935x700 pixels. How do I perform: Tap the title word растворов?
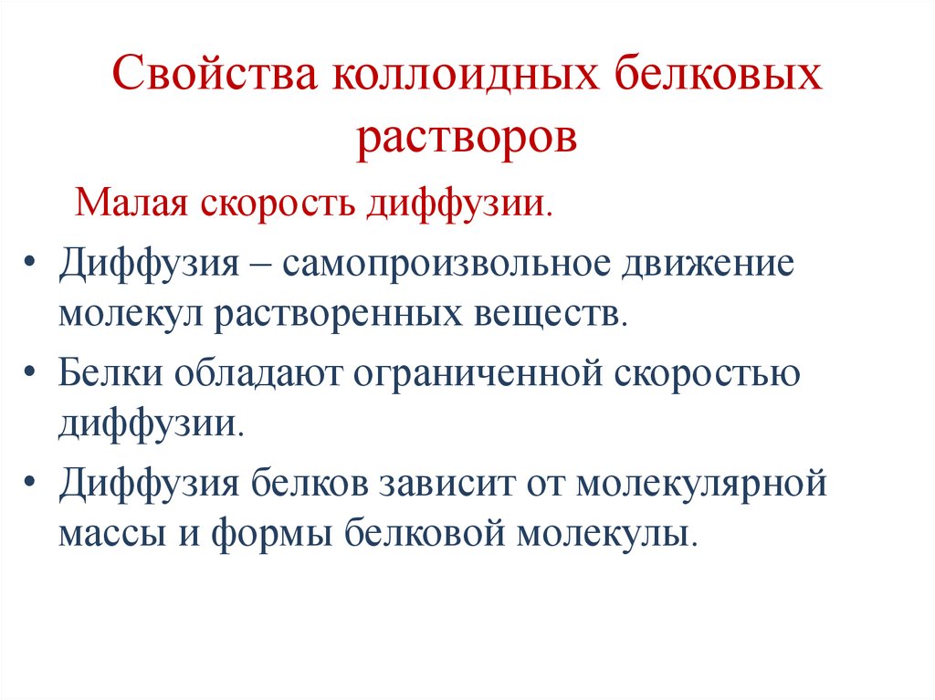pos(467,138)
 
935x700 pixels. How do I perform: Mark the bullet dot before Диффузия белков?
pos(34,483)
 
